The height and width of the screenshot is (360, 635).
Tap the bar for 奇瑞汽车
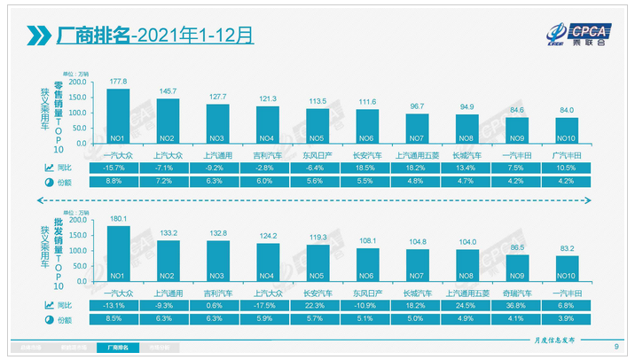point(516,270)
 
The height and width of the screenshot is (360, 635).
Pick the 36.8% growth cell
point(516,306)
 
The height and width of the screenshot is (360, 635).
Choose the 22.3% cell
point(317,306)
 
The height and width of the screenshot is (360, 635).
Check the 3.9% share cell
point(566,320)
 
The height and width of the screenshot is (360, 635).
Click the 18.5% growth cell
point(367,167)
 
